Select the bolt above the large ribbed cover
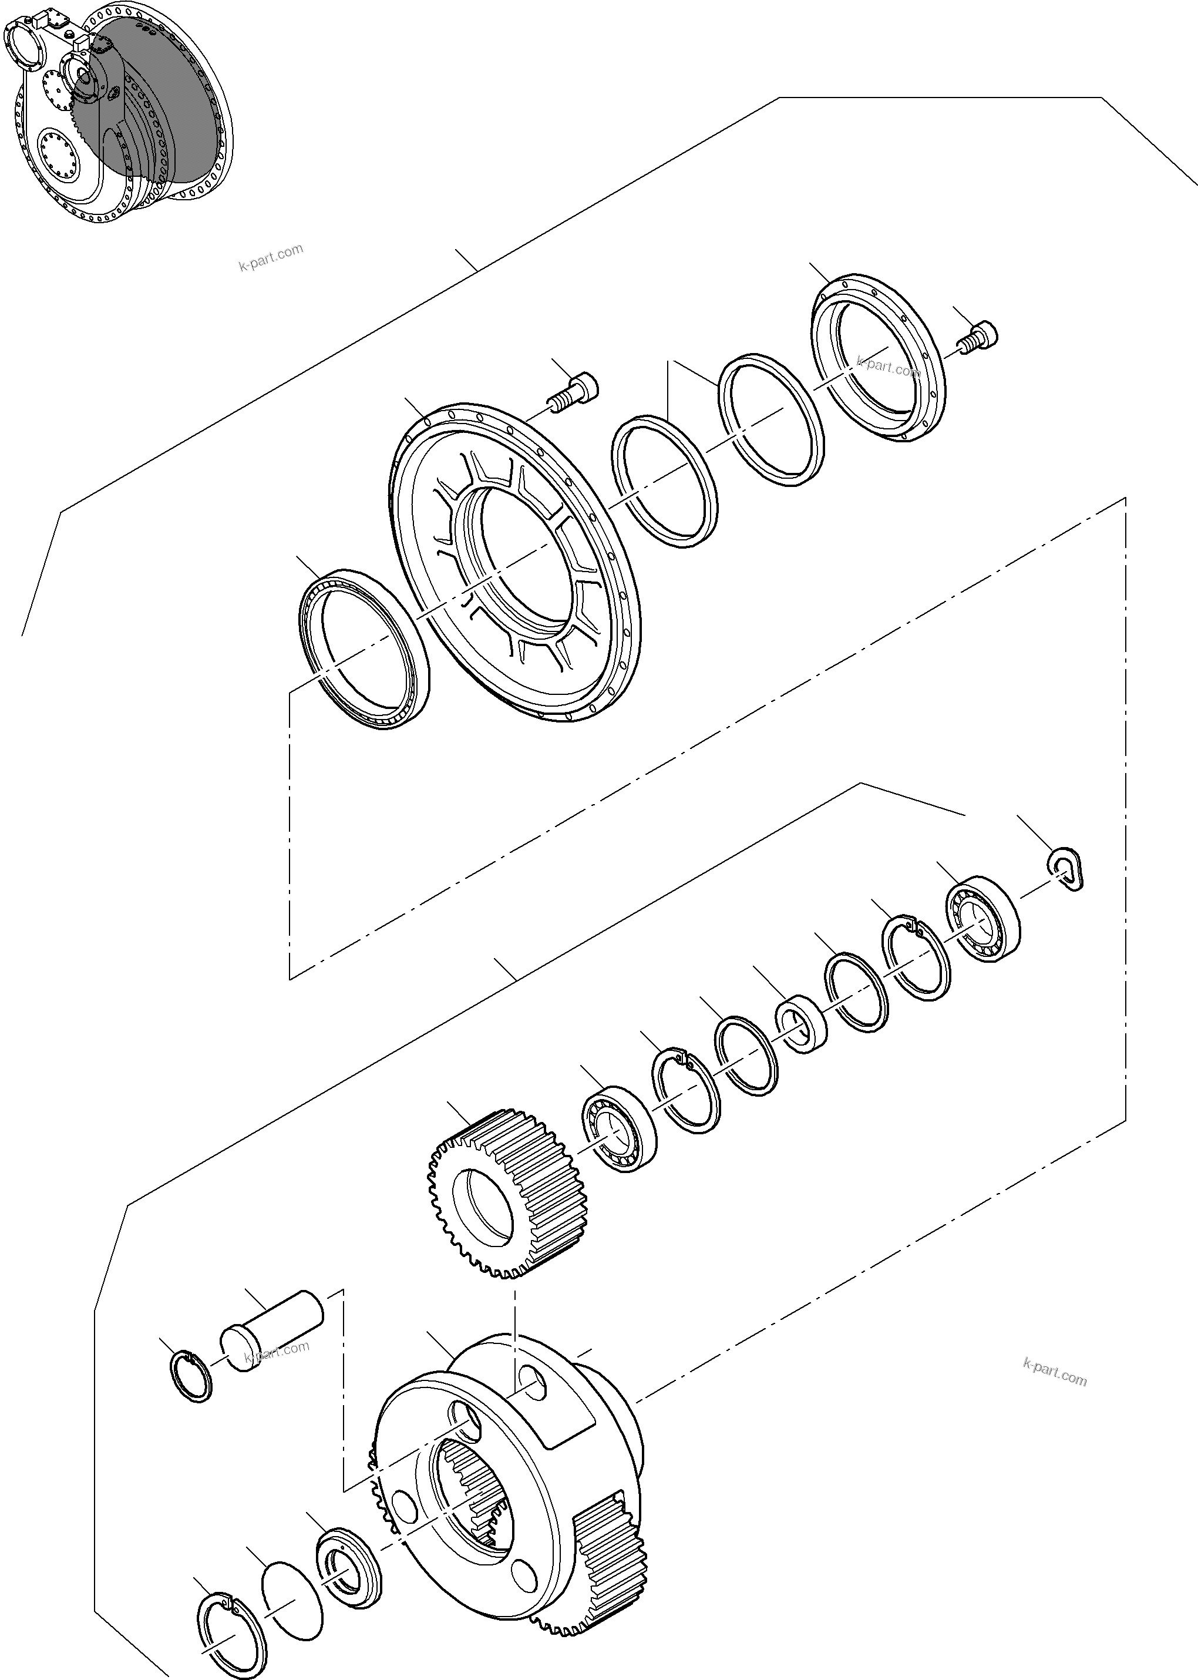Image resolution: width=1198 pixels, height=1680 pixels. point(576,389)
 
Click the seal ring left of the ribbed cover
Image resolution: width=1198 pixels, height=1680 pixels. point(366,649)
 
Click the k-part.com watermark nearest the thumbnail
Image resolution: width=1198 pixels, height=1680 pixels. point(271,257)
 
